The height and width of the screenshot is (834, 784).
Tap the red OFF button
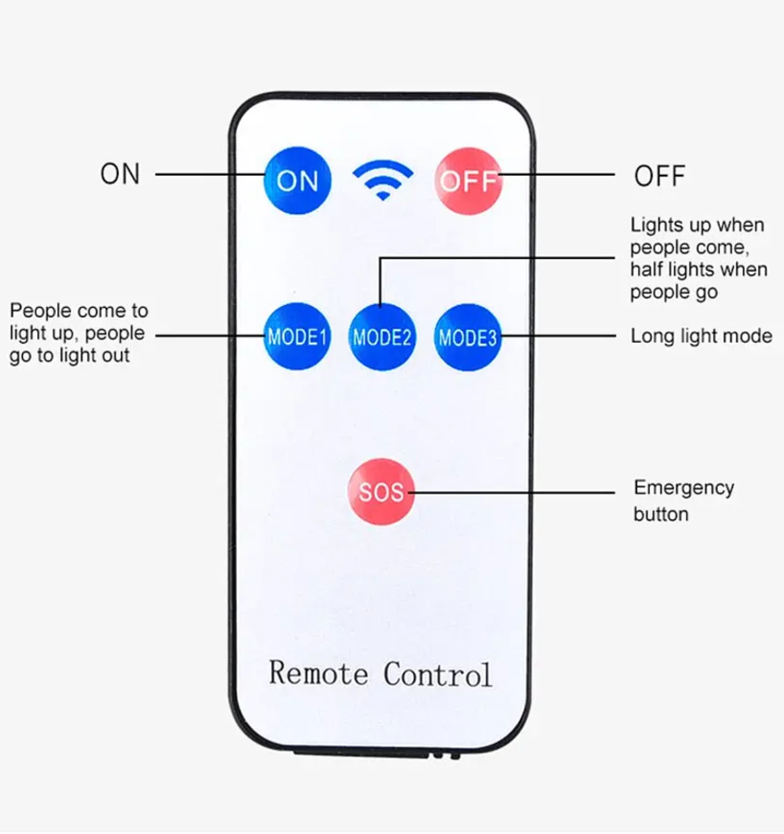468,181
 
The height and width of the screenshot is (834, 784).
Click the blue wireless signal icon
383,180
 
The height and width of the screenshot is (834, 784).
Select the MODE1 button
297,336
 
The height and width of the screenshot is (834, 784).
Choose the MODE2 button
382,338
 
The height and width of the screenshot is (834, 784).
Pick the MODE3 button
468,338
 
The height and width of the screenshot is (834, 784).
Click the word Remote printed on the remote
318,673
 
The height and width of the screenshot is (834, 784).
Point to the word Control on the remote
438,674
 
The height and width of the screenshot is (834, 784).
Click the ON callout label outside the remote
120,174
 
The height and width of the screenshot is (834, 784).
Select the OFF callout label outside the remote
659,176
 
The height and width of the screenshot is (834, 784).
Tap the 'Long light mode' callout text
702,336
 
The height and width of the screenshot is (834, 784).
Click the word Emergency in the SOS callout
684,488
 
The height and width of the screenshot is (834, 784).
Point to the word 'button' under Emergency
661,514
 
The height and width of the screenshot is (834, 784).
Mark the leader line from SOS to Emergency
512,493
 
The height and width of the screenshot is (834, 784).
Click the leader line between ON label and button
210,174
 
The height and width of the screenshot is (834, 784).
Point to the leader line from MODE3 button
559,336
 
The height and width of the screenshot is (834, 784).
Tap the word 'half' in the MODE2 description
646,269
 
